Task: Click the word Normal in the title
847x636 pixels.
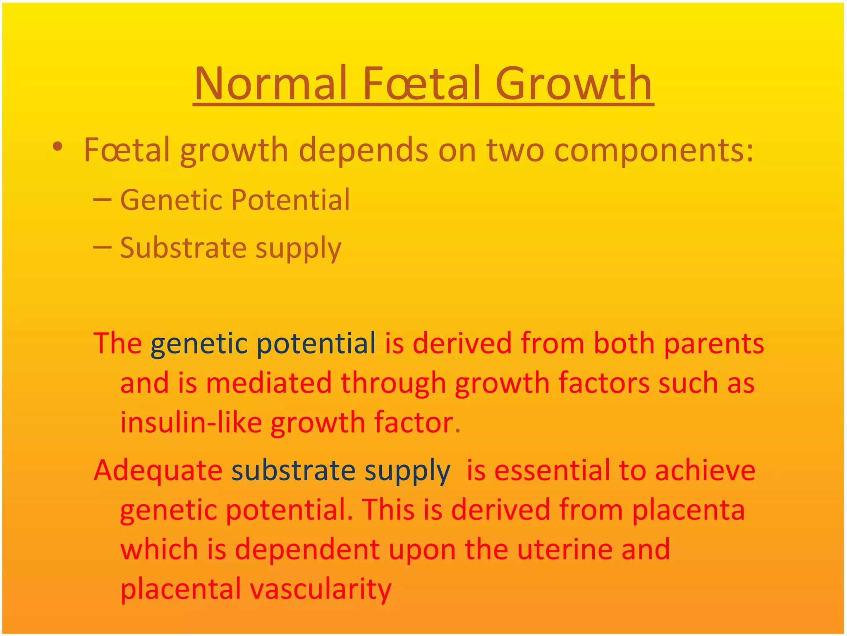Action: click(270, 84)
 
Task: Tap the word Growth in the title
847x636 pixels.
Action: click(573, 84)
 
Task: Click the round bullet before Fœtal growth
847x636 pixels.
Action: click(57, 147)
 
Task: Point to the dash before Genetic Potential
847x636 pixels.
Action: click(102, 200)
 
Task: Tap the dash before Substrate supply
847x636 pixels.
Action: click(102, 248)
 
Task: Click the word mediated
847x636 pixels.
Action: click(268, 383)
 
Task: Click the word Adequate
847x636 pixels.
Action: click(158, 470)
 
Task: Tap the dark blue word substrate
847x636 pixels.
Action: click(293, 471)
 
